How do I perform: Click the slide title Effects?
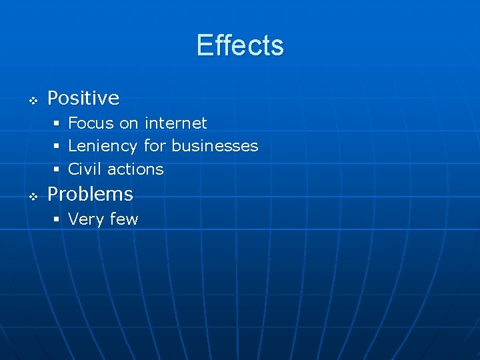pyautogui.click(x=240, y=45)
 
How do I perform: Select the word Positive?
pyautogui.click(x=83, y=99)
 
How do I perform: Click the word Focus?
pyautogui.click(x=91, y=123)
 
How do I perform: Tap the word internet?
pyautogui.click(x=176, y=123)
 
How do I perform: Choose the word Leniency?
pyautogui.click(x=103, y=147)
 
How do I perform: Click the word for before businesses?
pyautogui.click(x=155, y=146)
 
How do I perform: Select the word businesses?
pyautogui.click(x=215, y=146)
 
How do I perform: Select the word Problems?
pyautogui.click(x=90, y=195)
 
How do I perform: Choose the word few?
pyautogui.click(x=123, y=219)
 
